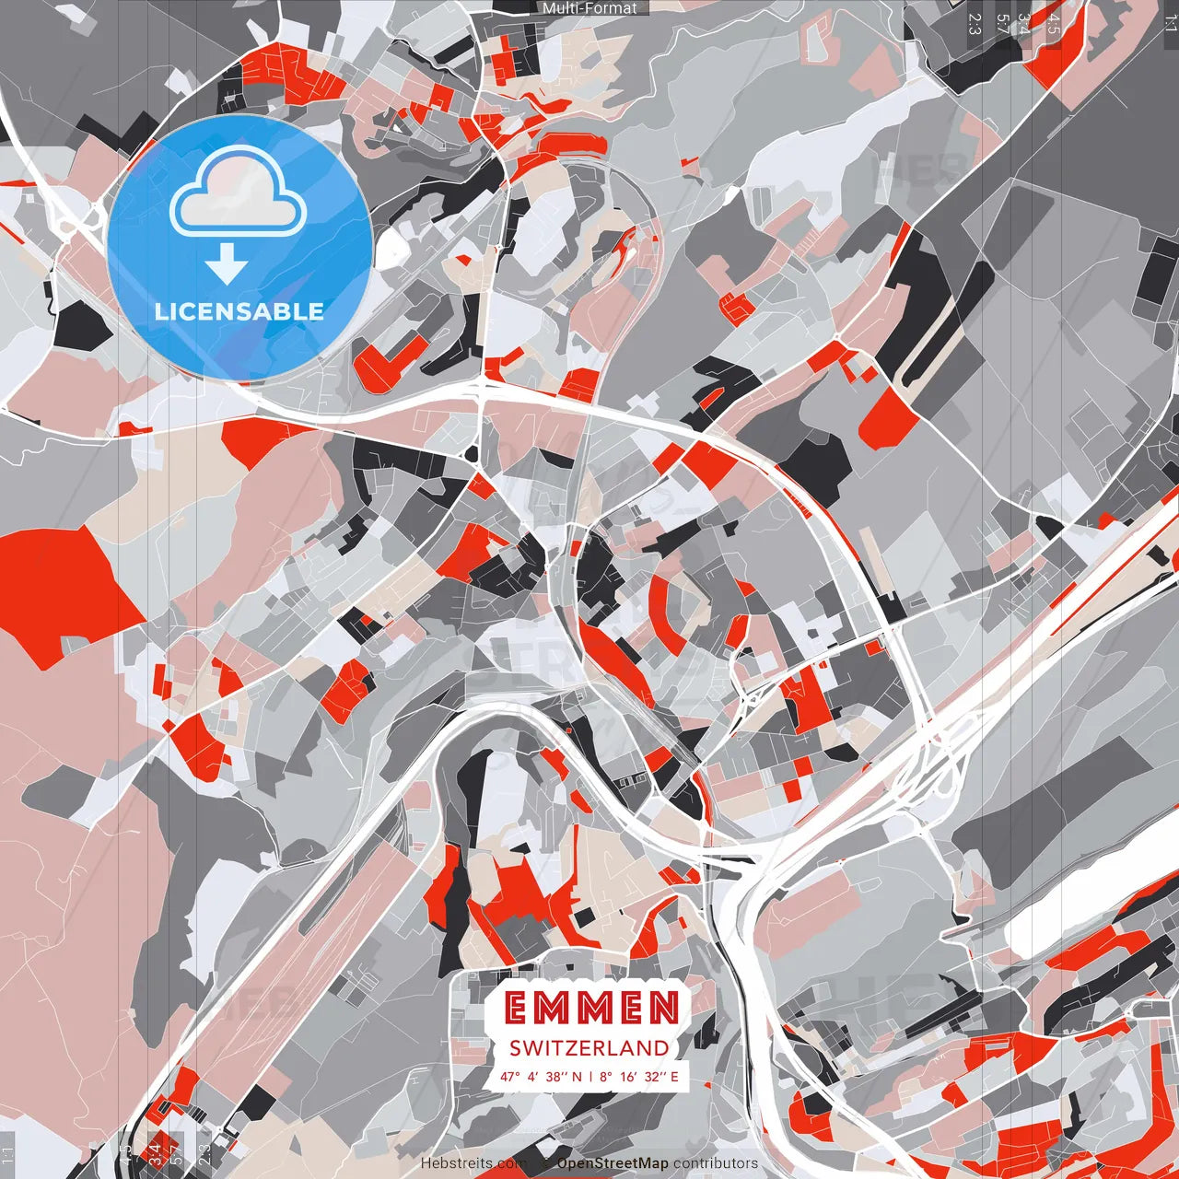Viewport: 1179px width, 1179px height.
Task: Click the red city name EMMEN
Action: (592, 1009)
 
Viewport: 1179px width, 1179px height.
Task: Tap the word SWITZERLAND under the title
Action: (589, 1047)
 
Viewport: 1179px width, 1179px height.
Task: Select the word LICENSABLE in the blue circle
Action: (239, 311)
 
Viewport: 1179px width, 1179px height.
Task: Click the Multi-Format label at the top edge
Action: (589, 8)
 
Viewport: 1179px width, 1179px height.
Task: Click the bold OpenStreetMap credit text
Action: (613, 1163)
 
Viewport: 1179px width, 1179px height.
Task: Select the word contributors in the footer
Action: (716, 1163)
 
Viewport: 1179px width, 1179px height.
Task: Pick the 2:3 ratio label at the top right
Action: (975, 23)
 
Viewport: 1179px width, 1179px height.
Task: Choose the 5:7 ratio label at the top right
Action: (1002, 23)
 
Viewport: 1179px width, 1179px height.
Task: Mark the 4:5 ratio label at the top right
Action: (1054, 23)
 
